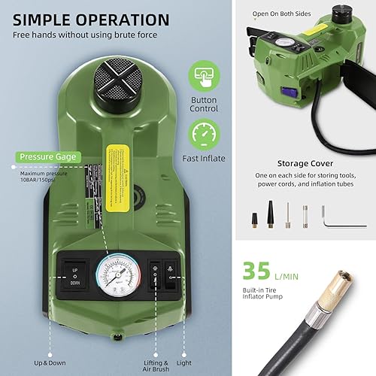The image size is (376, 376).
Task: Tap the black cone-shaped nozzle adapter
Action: pyautogui.click(x=255, y=219)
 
